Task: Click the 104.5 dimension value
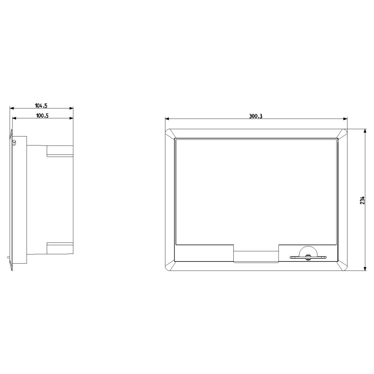point(41,105)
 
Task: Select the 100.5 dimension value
point(42,116)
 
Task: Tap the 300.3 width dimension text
point(256,116)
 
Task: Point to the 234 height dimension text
point(362,200)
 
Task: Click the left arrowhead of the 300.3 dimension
point(167,119)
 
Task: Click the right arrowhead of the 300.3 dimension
point(345,119)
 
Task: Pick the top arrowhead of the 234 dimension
point(365,131)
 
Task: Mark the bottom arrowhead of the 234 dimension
point(365,269)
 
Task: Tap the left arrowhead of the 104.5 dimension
point(12,108)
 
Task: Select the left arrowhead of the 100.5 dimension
point(14,118)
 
